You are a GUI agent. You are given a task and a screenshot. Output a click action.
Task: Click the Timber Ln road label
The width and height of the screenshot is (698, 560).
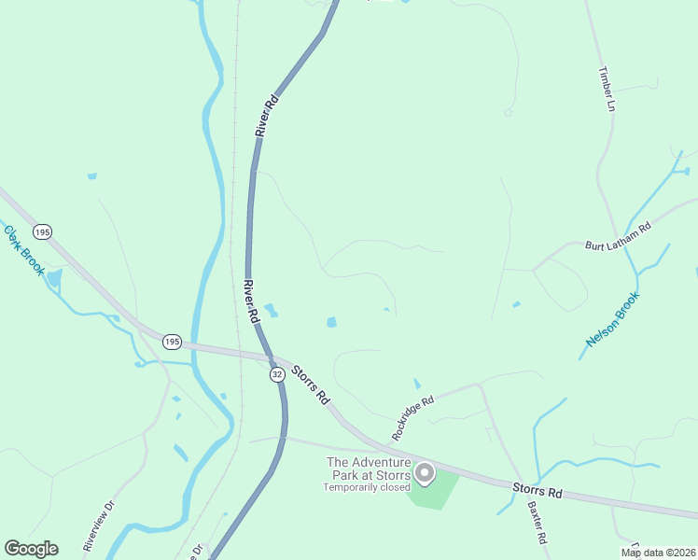pos(607,89)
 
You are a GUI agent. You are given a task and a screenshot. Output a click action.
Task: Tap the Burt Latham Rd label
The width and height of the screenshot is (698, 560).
pos(617,236)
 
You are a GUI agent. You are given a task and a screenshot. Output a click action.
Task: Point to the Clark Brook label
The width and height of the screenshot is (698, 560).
pos(24,249)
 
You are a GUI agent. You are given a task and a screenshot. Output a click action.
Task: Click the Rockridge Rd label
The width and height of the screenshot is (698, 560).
pos(413,419)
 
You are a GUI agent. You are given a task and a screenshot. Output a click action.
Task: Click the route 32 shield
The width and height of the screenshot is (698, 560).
pos(277,374)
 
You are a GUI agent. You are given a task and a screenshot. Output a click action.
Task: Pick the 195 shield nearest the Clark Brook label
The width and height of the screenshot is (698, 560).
pos(42,231)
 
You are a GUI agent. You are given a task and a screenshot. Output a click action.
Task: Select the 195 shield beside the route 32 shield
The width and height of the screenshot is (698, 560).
pos(171,342)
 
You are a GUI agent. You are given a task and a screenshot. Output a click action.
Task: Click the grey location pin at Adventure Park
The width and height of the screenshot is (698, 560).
pos(425,473)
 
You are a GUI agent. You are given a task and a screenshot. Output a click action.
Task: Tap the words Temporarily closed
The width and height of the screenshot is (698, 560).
pos(367,487)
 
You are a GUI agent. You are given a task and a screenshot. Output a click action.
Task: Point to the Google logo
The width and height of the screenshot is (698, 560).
pos(31,549)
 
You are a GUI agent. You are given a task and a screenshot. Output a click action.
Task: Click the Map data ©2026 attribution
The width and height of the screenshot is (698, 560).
pos(658,553)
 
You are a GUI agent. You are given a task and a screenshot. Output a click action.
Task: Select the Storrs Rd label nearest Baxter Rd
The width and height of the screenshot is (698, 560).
pos(537,490)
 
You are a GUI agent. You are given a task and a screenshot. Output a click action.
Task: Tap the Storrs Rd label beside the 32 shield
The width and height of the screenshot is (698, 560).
pos(311,384)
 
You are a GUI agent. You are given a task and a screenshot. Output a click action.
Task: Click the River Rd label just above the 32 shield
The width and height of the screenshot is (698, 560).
pos(250,301)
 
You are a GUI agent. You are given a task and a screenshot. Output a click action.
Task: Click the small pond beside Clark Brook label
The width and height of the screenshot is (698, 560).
pos(54,277)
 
